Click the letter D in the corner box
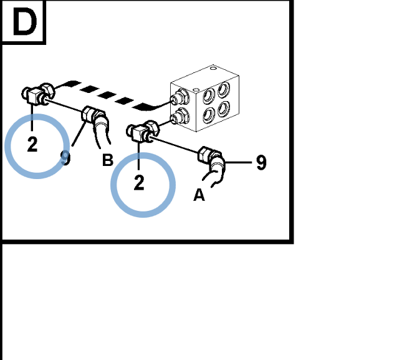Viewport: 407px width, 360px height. click(x=25, y=21)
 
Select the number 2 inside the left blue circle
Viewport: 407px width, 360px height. click(x=32, y=144)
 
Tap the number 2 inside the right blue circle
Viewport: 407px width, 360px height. click(x=139, y=183)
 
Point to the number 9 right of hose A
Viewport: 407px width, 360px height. click(x=261, y=163)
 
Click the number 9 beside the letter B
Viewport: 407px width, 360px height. click(x=65, y=158)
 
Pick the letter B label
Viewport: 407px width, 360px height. click(x=108, y=160)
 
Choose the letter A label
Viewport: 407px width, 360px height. click(x=199, y=195)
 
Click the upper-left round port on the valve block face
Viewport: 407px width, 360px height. click(x=209, y=95)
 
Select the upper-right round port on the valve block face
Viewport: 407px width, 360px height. click(x=224, y=89)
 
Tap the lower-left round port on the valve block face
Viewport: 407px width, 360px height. click(x=209, y=115)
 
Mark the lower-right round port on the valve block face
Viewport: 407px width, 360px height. click(x=224, y=109)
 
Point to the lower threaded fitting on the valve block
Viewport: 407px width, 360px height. click(x=179, y=117)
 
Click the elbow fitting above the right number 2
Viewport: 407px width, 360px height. click(x=143, y=132)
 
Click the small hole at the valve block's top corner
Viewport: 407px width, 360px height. click(x=213, y=68)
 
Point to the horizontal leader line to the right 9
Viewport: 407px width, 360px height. click(x=238, y=163)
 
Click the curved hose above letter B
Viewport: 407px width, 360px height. click(x=102, y=130)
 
